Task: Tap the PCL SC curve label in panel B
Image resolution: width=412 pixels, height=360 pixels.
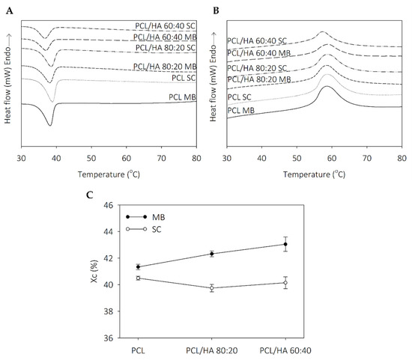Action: [x=239, y=96]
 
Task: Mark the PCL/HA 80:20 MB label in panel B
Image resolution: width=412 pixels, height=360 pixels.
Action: [x=258, y=80]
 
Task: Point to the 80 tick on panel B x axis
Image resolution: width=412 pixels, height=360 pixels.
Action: [x=402, y=159]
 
